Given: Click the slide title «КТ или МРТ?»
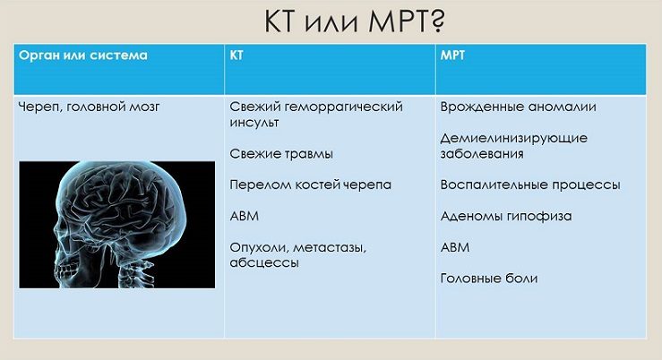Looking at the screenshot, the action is click(x=354, y=21).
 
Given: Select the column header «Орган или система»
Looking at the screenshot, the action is click(x=83, y=56).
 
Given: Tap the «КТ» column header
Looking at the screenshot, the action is click(x=236, y=56).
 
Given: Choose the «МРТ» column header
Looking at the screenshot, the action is click(x=452, y=56).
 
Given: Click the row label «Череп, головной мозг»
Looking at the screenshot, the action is click(x=89, y=107).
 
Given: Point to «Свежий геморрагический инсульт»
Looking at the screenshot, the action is click(x=316, y=115).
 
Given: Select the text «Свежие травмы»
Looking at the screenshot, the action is click(x=281, y=154).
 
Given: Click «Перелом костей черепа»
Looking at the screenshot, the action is click(x=310, y=185).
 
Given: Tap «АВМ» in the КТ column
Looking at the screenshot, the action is click(x=244, y=216).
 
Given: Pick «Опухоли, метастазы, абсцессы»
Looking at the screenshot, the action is click(x=298, y=255).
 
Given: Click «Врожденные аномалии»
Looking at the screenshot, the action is click(x=518, y=107).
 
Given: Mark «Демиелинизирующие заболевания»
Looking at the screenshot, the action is click(x=514, y=146).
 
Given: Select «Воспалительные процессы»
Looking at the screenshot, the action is click(x=530, y=185).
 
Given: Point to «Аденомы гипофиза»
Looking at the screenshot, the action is click(x=506, y=217).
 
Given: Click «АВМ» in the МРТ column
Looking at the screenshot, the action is click(x=455, y=247).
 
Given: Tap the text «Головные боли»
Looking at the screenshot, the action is click(x=489, y=279).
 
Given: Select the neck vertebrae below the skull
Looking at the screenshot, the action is click(x=132, y=273).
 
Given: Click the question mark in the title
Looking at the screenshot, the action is click(x=437, y=21).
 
